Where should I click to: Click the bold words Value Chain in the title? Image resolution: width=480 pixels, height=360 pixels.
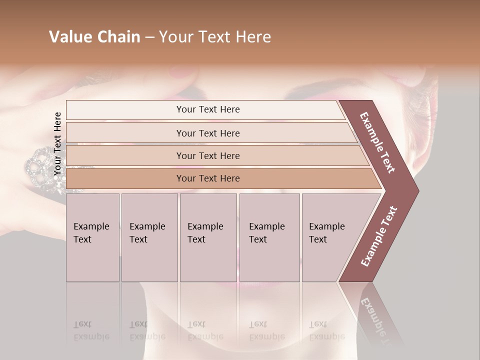(94, 37)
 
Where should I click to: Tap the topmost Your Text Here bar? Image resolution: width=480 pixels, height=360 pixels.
(207, 109)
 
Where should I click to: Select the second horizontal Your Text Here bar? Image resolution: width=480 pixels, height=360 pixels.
(208, 133)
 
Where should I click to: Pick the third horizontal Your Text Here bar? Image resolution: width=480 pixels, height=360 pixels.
(208, 155)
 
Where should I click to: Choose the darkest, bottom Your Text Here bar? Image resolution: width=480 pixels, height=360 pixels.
(208, 178)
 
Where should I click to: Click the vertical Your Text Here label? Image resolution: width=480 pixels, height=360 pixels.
(57, 144)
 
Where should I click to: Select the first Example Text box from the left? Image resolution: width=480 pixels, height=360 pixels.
(92, 237)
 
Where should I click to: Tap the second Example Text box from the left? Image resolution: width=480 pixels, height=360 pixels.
(149, 237)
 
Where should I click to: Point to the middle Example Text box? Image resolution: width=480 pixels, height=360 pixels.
(208, 237)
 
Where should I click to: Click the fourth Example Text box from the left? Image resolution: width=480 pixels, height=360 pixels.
(269, 237)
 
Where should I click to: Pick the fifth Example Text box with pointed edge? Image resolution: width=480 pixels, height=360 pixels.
(330, 237)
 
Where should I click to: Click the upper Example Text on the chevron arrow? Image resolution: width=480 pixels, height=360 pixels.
(377, 142)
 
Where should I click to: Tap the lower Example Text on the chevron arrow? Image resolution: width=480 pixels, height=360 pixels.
(378, 236)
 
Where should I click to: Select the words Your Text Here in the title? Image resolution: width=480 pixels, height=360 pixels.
(215, 37)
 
